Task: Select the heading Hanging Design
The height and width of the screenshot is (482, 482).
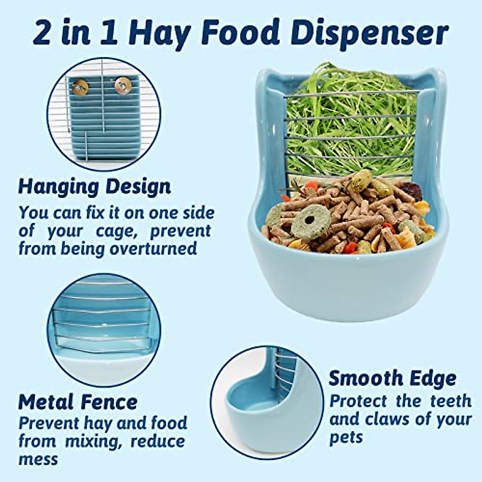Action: pos(95,187)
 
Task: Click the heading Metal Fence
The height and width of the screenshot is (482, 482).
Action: pos(78,402)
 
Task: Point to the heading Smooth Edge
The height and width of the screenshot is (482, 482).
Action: pos(392,378)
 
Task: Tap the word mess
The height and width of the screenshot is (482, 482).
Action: pos(38,459)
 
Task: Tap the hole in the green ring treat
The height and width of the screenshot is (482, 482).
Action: pos(310,220)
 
